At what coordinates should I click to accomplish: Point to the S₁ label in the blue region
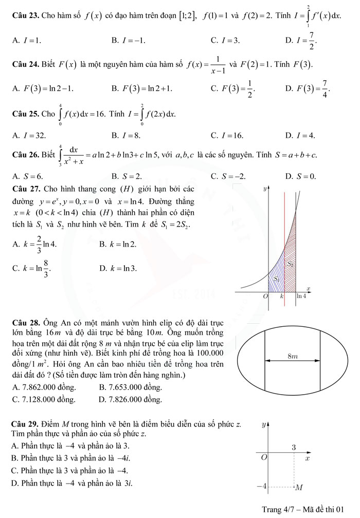point(276,278)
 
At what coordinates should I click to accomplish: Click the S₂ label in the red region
point(291,264)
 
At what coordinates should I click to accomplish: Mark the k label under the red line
point(282,297)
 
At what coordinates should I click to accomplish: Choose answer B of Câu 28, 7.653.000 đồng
point(130,386)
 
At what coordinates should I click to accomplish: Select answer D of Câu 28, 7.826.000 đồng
point(130,399)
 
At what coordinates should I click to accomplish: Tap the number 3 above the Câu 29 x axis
point(294,448)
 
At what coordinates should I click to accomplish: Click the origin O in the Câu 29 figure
point(264,457)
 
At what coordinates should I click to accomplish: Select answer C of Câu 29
point(68,470)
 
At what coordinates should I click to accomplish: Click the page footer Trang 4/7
point(302,509)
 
